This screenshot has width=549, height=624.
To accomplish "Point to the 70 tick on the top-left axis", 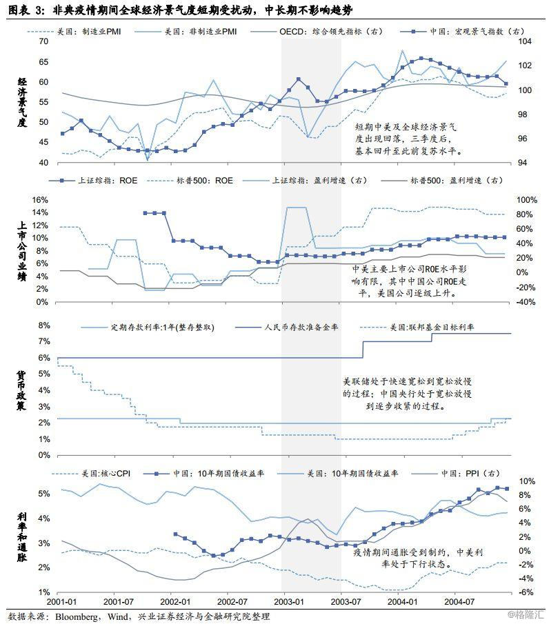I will tap(43, 42).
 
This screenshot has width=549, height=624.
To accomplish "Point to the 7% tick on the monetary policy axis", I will tap(43, 342).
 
